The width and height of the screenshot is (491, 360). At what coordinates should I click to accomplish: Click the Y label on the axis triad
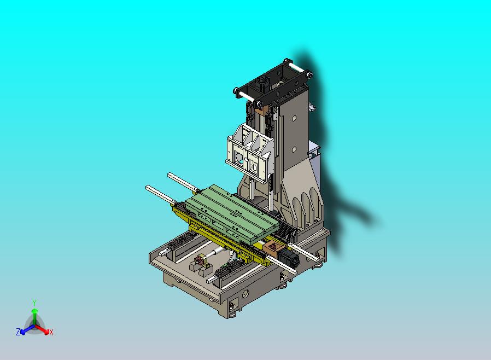(34, 303)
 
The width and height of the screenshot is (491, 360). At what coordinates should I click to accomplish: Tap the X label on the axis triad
(51, 332)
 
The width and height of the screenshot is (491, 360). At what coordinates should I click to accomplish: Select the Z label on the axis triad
(18, 332)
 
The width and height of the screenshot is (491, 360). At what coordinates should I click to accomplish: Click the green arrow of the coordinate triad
(34, 314)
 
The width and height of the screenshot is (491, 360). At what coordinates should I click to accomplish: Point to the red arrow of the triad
(44, 329)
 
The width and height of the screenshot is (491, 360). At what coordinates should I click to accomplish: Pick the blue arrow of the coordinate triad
(25, 329)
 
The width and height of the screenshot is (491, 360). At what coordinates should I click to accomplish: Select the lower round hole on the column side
(294, 148)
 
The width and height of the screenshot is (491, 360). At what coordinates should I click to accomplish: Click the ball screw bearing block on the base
(200, 268)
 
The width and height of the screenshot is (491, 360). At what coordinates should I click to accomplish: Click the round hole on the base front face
(244, 294)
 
